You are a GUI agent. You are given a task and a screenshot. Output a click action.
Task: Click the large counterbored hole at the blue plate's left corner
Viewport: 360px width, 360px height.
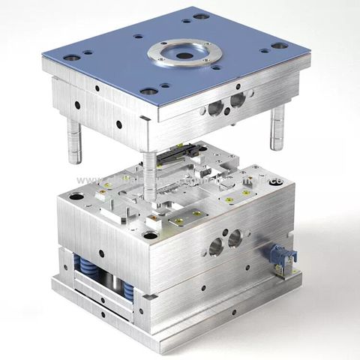tap(70, 58)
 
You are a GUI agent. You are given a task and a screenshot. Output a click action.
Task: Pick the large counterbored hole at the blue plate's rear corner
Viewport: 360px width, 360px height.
tap(200, 16)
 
